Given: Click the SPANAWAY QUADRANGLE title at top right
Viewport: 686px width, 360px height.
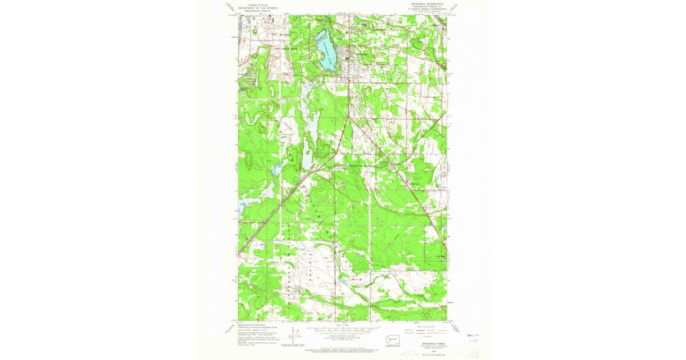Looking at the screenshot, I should coord(421,3).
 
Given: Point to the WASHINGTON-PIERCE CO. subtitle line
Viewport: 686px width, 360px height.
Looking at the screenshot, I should coord(422,7).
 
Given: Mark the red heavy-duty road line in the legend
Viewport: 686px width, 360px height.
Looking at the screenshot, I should coord(426,330).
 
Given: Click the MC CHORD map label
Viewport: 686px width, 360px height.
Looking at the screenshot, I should coord(285,34).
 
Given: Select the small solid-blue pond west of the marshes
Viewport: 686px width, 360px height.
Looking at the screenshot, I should coord(276,169).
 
